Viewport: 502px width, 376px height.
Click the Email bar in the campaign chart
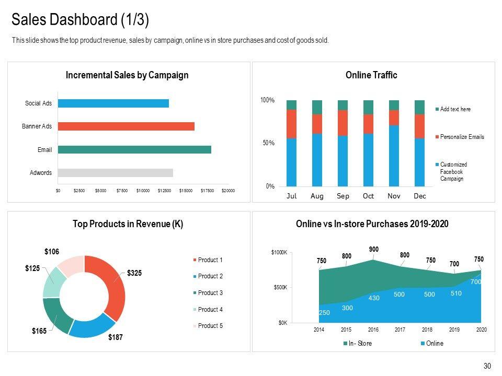(134, 150)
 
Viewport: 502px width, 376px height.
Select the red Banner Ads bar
(126, 126)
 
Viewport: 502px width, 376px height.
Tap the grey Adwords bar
(115, 173)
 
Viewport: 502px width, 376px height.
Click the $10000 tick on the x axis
(143, 191)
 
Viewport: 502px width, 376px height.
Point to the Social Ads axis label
(38, 103)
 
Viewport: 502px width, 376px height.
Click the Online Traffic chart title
(371, 75)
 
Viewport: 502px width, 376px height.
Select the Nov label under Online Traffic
(394, 196)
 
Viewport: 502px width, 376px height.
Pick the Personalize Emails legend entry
(462, 137)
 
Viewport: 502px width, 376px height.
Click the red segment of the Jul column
(291, 124)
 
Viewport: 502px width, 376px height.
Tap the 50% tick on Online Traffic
(267, 143)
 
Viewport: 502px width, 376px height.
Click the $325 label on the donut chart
(135, 273)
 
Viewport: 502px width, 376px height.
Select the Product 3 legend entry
(210, 293)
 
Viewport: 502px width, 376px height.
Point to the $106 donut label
(52, 252)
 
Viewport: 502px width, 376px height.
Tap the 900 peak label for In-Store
(373, 250)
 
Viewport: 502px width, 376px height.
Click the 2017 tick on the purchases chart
(400, 330)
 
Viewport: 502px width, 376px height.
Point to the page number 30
(487, 366)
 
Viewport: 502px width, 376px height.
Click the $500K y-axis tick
(279, 288)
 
